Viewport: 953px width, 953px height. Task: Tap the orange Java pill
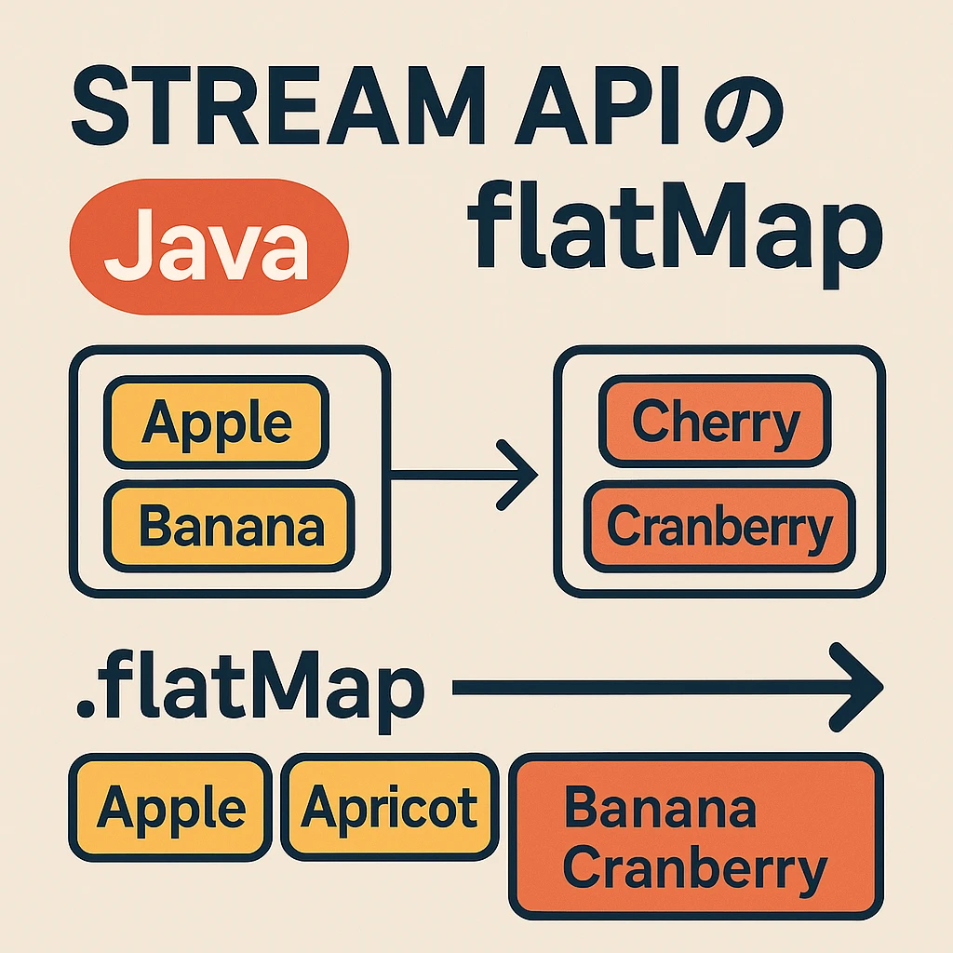tap(208, 246)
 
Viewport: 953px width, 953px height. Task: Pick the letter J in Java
tap(125, 246)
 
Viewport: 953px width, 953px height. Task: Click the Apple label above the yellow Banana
tap(216, 423)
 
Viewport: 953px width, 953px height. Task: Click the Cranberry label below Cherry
tap(718, 527)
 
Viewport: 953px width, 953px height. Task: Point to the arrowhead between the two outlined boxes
tap(521, 476)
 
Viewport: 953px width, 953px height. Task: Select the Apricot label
tap(389, 806)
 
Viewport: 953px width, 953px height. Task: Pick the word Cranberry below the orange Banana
tap(695, 869)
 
